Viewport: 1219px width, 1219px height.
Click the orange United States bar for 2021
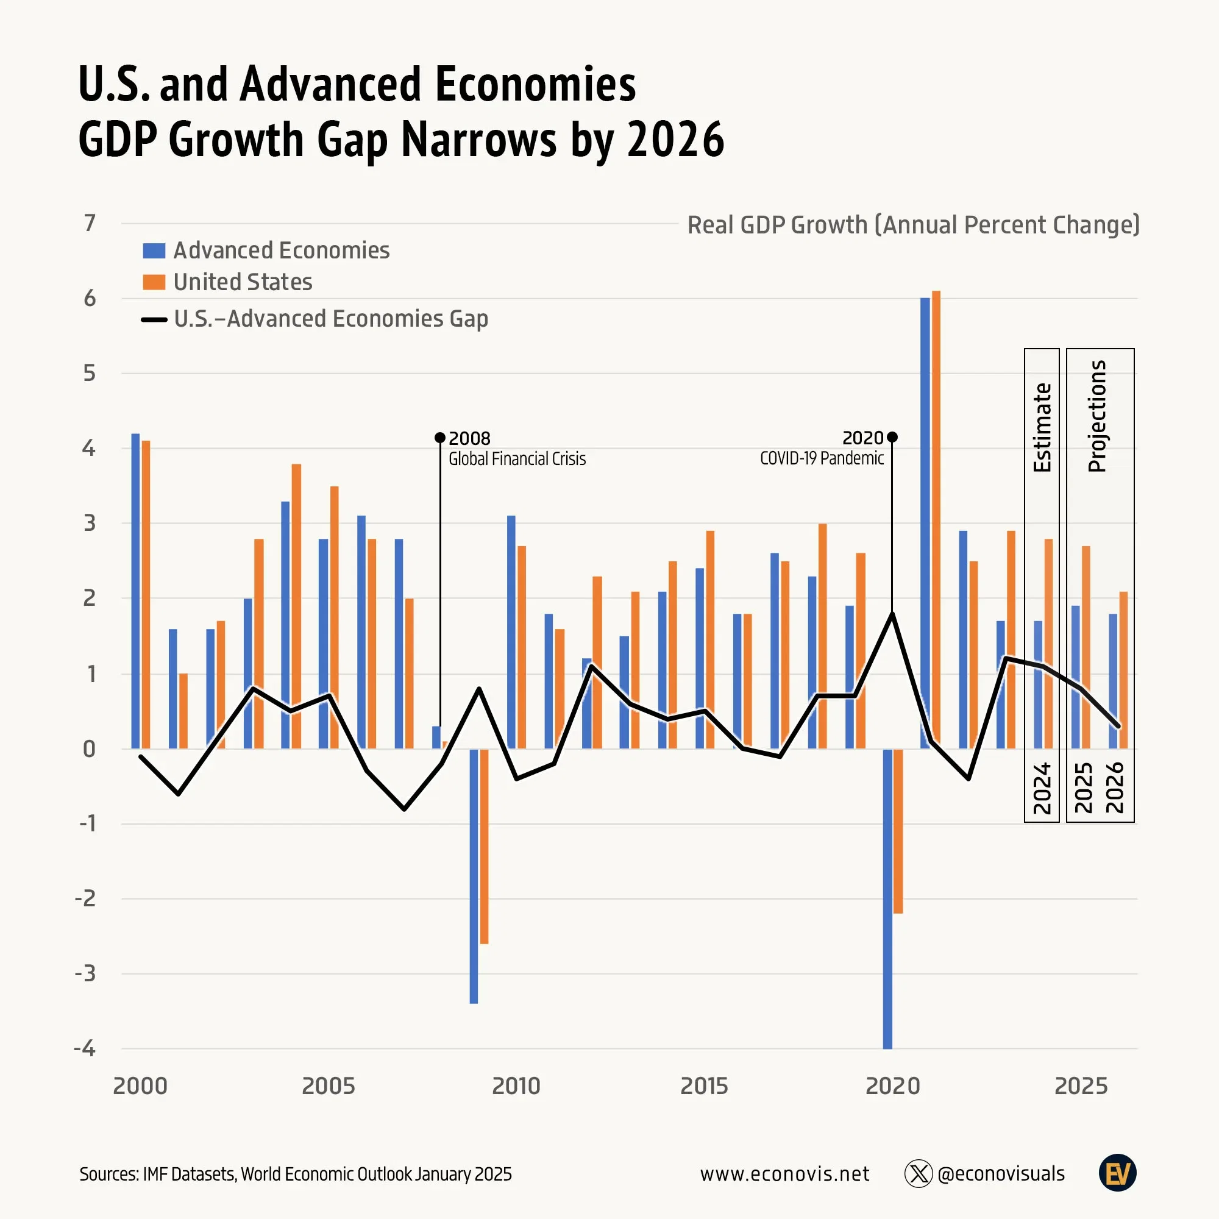pos(936,517)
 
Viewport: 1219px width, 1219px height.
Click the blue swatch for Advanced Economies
pos(154,251)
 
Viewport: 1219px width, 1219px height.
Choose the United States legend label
pos(243,282)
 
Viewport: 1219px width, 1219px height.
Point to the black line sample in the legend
pos(154,320)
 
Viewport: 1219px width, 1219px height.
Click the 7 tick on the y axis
pos(90,223)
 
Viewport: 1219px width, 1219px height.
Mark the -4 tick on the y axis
pos(85,1048)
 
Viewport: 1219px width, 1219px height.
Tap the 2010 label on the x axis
pos(516,1086)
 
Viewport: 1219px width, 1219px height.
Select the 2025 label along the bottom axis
pos(1081,1086)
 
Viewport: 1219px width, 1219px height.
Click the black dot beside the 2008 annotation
pos(441,438)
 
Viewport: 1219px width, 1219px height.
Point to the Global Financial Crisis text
pos(517,459)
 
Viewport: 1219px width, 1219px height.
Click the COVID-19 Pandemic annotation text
pos(822,458)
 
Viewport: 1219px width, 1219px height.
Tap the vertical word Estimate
pos(1042,427)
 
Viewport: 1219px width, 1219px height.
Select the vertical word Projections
pos(1097,416)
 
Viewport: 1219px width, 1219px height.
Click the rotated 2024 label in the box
pos(1042,789)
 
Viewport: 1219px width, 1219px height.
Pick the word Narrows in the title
pos(479,140)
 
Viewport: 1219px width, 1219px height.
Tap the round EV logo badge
pos(1117,1173)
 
